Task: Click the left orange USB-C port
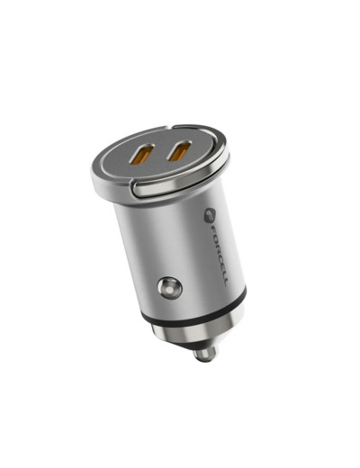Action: click(142, 155)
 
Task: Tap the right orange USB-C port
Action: click(179, 150)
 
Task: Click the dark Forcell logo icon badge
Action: click(210, 216)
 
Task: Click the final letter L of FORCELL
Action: click(225, 282)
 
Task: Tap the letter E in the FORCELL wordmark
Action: click(221, 264)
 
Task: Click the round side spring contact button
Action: click(169, 288)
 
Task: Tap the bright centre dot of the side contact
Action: click(170, 290)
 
